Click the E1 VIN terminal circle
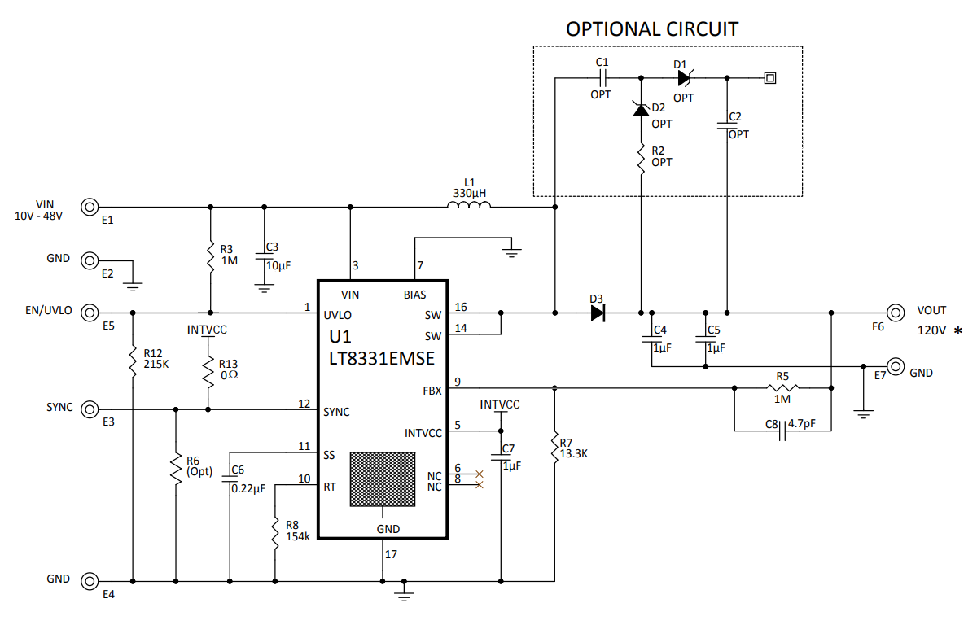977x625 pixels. (90, 207)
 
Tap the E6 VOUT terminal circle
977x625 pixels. (896, 312)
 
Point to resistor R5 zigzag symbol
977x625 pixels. (782, 388)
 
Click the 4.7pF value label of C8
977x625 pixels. (803, 424)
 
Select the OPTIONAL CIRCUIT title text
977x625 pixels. (652, 29)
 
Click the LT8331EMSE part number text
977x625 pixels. (382, 359)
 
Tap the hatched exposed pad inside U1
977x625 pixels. (381, 479)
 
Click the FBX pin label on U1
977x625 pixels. (432, 391)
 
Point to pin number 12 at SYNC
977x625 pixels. (304, 404)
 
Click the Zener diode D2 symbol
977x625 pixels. (641, 109)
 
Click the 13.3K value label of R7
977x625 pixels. (573, 454)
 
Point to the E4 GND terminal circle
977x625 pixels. (90, 580)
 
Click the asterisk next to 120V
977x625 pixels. (957, 331)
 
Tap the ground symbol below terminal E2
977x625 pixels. (132, 286)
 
